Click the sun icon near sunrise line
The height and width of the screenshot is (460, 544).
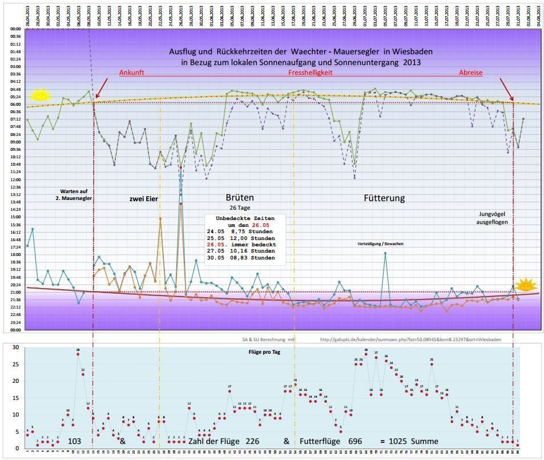pos(40,95)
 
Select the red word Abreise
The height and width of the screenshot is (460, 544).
pos(471,73)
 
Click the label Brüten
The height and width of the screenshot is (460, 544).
pos(240,198)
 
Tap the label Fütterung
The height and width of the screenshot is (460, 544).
pos(384,198)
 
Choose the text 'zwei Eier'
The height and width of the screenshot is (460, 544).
pos(143,199)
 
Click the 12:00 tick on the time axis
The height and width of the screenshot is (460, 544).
pos(15,179)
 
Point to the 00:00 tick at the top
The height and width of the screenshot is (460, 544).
pos(15,29)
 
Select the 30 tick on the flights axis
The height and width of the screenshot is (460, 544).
pos(16,347)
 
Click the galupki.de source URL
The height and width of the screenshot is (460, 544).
pos(410,339)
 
